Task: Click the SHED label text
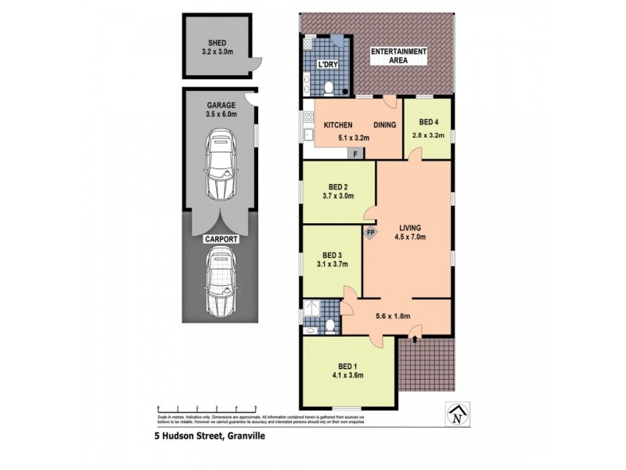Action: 217,43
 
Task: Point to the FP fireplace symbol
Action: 370,232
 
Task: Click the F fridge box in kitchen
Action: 355,154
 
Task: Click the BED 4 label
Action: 429,123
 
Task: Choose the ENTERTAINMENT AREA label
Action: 398,56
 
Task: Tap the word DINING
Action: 383,125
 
